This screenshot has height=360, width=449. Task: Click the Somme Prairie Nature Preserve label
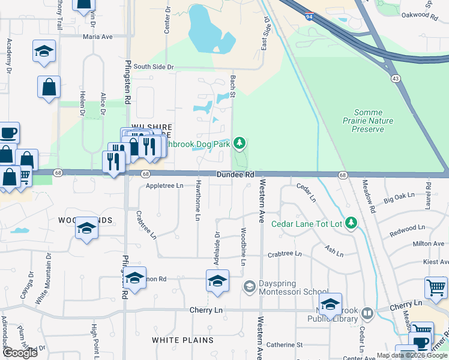[373, 121]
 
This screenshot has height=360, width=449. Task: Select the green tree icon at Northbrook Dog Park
[240, 143]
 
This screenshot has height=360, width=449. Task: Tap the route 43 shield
[395, 79]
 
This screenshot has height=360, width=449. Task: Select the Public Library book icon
[367, 313]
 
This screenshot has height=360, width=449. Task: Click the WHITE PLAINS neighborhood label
[182, 340]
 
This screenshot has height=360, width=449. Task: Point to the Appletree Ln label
[164, 186]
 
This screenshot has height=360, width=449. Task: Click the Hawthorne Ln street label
[197, 202]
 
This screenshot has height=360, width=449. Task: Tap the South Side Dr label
[154, 67]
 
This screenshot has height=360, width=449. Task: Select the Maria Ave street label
[98, 37]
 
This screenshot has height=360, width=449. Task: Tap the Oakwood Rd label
[417, 15]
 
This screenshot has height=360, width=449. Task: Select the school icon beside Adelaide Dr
[217, 280]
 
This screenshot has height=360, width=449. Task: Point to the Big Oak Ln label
[400, 196]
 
